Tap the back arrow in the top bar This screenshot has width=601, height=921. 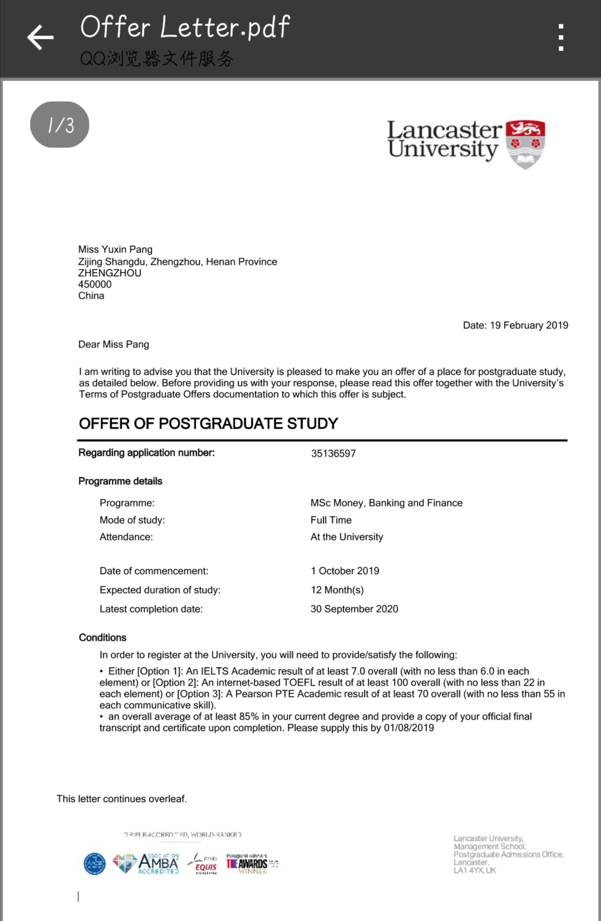pos(40,38)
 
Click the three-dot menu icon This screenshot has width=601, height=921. pos(561,37)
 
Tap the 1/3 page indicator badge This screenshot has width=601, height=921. pos(60,125)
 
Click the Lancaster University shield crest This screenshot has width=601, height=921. pos(525,144)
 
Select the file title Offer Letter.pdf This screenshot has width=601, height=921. pos(185,27)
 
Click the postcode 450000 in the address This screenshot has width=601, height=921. pos(95,285)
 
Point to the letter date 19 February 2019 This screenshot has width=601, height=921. pos(529,325)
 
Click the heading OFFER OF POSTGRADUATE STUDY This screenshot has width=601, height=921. pos(208,424)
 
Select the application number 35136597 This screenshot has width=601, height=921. pos(333,454)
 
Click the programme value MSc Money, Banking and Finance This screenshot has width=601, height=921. pos(386,503)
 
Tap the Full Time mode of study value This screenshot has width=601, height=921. pos(331,520)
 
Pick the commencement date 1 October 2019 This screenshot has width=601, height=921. pos(345,571)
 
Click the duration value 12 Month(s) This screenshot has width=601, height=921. pos(337,590)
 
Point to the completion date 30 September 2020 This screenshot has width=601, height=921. pos(354,609)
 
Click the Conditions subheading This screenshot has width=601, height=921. pos(102,638)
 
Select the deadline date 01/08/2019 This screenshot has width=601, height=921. pos(409,728)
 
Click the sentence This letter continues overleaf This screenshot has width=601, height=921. pos(121,799)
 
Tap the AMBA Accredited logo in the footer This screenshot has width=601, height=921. pos(157,863)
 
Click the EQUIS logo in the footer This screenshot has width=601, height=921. pos(204,864)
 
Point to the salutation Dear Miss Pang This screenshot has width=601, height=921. pos(114,345)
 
